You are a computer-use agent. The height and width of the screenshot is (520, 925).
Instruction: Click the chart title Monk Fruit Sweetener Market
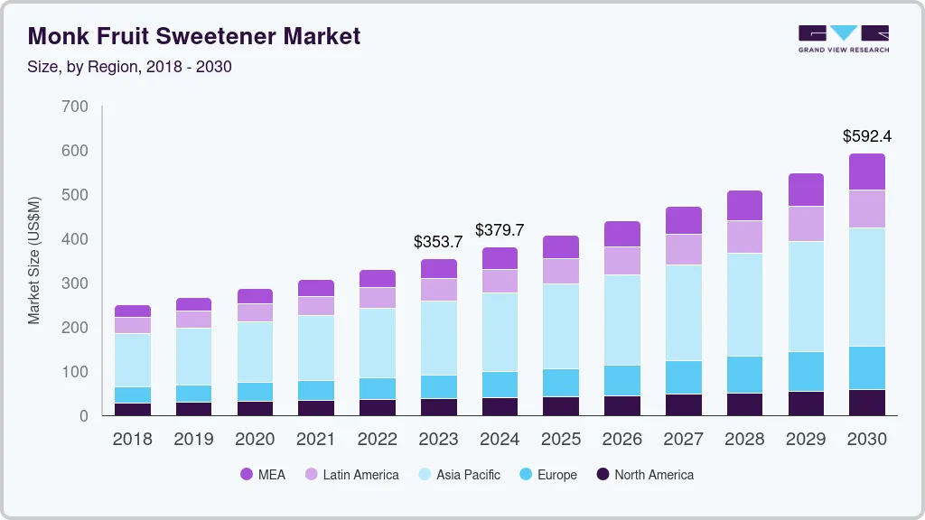pos(194,36)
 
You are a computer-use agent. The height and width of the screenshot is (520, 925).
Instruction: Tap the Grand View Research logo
pos(843,39)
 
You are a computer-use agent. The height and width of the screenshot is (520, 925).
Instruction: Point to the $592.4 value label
pos(866,137)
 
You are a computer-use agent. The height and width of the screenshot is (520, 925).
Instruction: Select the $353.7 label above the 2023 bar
pos(437,242)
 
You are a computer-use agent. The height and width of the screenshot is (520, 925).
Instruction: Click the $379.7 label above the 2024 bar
pos(500,230)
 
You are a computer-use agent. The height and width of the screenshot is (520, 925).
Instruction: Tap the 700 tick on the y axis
pos(76,107)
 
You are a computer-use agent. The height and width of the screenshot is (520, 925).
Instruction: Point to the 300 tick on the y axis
pos(76,283)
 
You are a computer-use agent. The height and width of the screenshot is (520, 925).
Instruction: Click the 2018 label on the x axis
pos(133,440)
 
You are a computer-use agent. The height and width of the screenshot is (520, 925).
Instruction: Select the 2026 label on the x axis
pos(622,440)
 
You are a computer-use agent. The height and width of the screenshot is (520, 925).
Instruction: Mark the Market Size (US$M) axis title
pos(34,260)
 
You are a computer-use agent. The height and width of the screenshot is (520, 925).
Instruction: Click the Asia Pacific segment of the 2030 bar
pos(867,287)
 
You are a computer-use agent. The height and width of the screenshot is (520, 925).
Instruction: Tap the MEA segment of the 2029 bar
pos(806,190)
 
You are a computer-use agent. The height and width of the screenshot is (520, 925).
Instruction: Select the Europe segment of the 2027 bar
pos(684,376)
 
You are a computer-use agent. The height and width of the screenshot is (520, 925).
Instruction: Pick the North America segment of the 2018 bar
pos(133,409)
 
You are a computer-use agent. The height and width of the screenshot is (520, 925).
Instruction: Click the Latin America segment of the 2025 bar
pos(561,271)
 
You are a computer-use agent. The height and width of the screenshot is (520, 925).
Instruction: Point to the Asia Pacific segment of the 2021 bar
pos(316,348)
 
